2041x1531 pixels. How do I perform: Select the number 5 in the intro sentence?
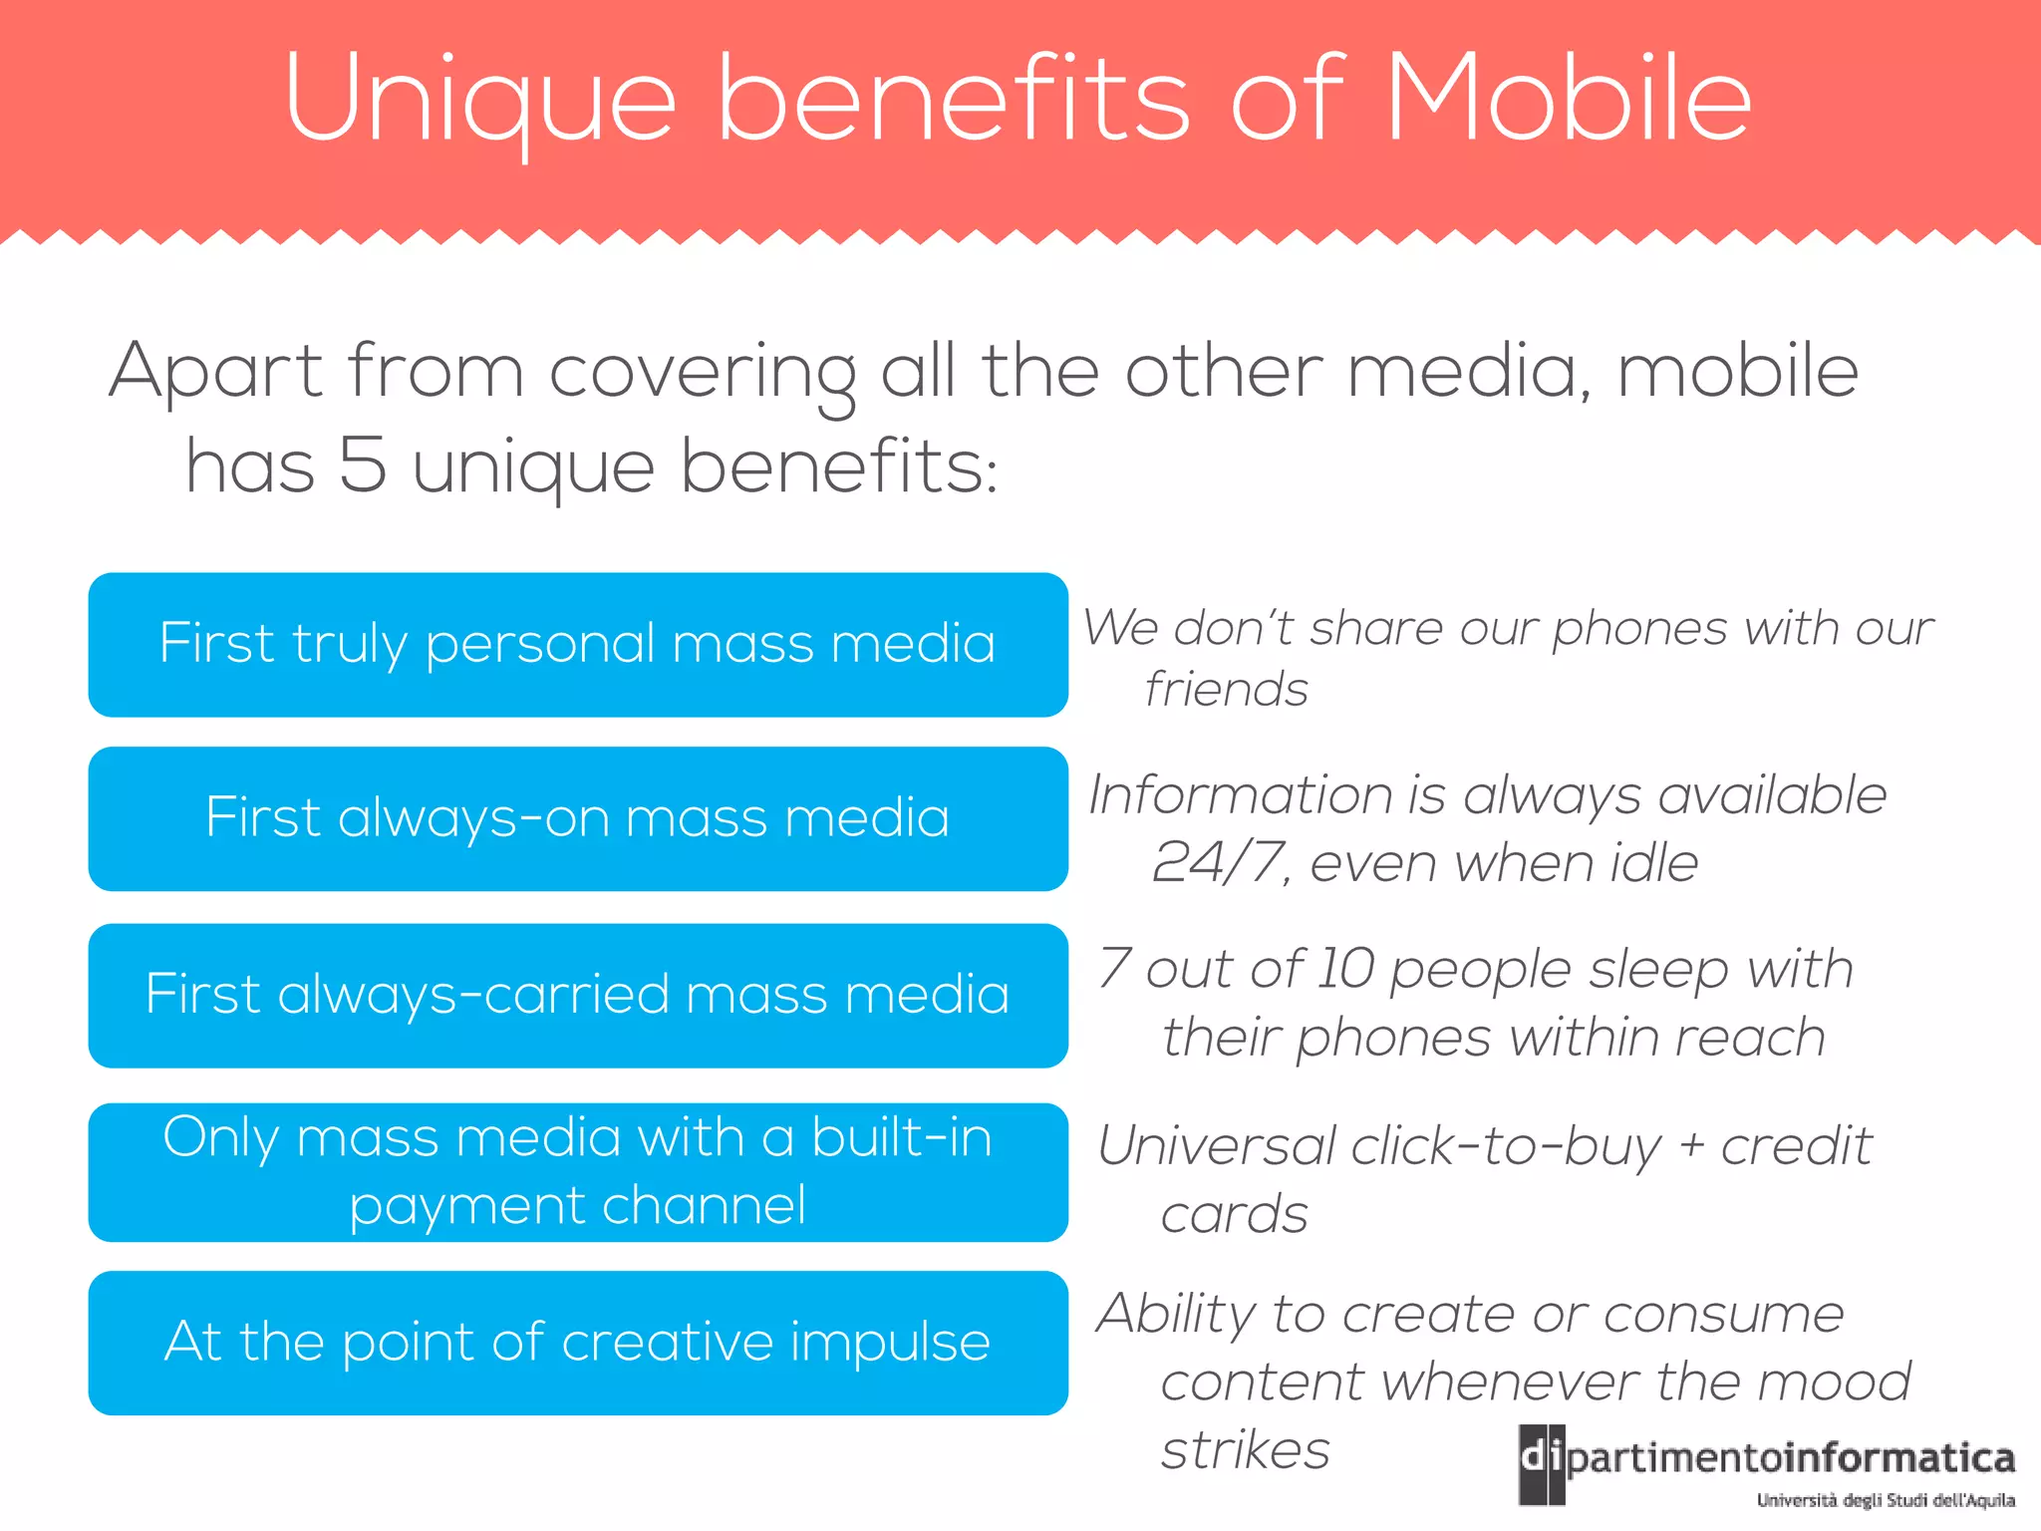click(363, 465)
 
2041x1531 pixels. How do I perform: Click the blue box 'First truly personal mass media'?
click(578, 644)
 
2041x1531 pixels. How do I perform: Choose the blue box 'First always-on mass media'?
click(578, 818)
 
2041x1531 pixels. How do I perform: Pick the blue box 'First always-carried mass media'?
click(578, 995)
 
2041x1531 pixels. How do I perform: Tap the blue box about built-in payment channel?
click(578, 1171)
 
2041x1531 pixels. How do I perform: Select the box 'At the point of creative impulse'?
click(578, 1342)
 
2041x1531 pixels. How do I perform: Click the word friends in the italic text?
click(1226, 690)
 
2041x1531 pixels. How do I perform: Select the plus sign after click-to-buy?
click(1691, 1146)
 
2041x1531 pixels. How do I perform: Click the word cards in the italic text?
click(1234, 1215)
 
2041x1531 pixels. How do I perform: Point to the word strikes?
click(1246, 1450)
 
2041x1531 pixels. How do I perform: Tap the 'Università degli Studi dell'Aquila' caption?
click(1886, 1501)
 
